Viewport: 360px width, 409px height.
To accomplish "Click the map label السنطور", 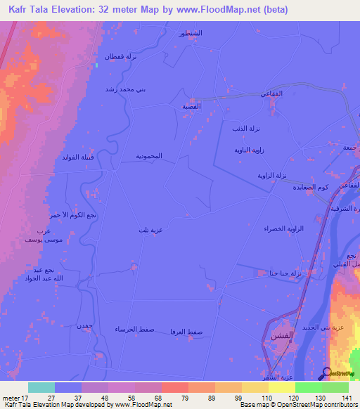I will [x=191, y=34].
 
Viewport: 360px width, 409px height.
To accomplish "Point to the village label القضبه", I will [x=191, y=106].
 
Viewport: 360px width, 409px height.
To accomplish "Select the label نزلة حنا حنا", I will [x=281, y=273].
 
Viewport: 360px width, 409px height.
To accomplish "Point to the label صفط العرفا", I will [x=187, y=330].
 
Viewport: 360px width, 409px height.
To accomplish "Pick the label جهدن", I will [x=84, y=326].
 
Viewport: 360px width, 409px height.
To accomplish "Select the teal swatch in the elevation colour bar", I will [x=41, y=387].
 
